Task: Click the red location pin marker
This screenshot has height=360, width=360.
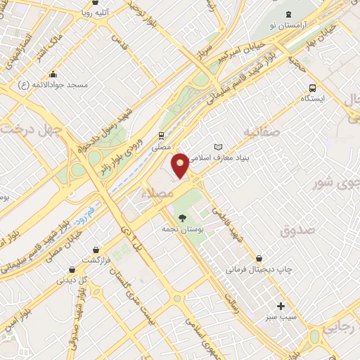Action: (181, 165)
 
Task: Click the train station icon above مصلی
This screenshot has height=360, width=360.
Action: (162, 136)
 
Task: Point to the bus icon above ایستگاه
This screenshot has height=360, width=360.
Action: (312, 88)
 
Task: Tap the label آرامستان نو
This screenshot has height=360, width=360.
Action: (288, 25)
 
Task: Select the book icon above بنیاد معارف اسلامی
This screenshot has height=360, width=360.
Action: (217, 147)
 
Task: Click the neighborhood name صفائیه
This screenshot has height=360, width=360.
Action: (262, 131)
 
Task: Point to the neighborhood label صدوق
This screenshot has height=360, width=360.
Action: (296, 230)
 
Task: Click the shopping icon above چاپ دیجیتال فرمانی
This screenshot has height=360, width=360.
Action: (262, 258)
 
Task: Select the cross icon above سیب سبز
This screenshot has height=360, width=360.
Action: (281, 306)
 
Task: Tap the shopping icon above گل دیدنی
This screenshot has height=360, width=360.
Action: (72, 269)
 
